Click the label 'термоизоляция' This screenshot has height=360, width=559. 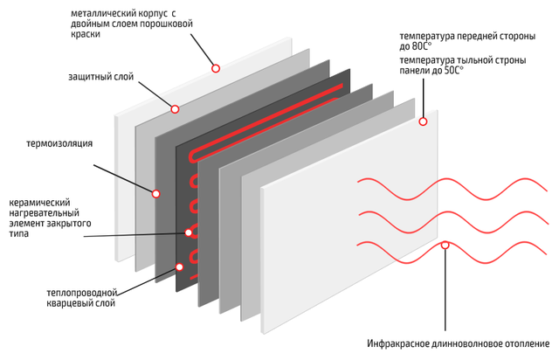59,143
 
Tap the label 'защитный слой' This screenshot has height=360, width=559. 101,77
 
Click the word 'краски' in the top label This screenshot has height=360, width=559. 86,34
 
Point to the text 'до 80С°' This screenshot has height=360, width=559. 416,46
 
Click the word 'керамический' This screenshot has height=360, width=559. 39,203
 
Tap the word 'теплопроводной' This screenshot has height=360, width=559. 82,293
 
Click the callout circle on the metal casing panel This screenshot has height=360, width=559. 216,68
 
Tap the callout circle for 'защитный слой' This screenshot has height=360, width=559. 175,109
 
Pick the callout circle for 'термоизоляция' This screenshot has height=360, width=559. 155,194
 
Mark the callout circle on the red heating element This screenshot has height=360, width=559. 189,232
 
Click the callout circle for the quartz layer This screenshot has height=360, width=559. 180,267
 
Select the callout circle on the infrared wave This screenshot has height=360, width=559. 445,246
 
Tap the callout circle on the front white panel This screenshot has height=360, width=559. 423,121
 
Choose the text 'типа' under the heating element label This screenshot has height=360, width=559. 18,234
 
